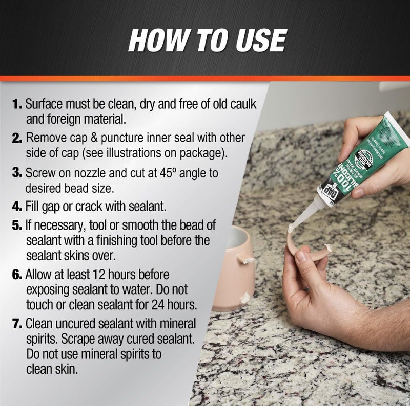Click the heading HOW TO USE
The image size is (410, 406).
(207, 40)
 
